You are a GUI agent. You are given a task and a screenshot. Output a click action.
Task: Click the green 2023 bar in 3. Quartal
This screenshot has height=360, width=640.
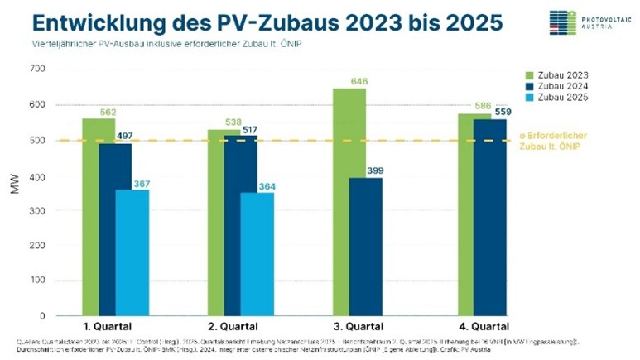click(x=349, y=202)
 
